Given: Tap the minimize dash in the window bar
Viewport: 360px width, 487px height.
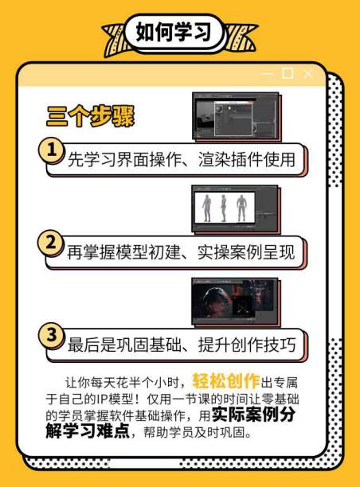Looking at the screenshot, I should click(267, 74).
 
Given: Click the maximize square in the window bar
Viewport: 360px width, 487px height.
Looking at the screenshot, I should click(288, 74).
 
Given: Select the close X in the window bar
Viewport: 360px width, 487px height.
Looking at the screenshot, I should click(308, 74).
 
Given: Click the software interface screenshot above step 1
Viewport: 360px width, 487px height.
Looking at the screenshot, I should click(236, 117).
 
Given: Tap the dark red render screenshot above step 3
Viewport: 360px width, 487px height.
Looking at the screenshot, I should click(235, 302).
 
